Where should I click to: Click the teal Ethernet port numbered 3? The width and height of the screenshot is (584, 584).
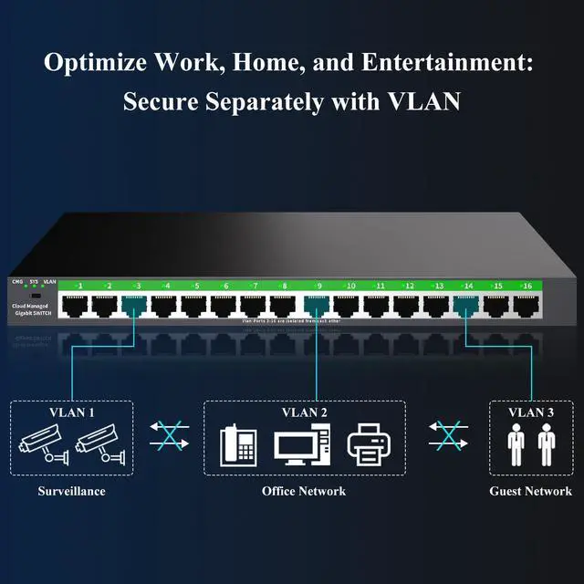(133, 305)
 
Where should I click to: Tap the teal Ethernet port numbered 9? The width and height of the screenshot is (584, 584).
(316, 305)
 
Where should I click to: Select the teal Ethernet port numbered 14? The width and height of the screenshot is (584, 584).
(466, 305)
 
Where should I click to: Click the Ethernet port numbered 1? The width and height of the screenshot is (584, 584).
(73, 305)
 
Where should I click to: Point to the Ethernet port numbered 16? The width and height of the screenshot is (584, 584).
(525, 305)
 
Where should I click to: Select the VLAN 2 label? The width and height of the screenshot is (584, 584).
(303, 412)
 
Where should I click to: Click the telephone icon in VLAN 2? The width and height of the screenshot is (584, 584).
(239, 445)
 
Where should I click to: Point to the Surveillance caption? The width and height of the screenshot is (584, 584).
(71, 491)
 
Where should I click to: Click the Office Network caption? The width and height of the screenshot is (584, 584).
(304, 491)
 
